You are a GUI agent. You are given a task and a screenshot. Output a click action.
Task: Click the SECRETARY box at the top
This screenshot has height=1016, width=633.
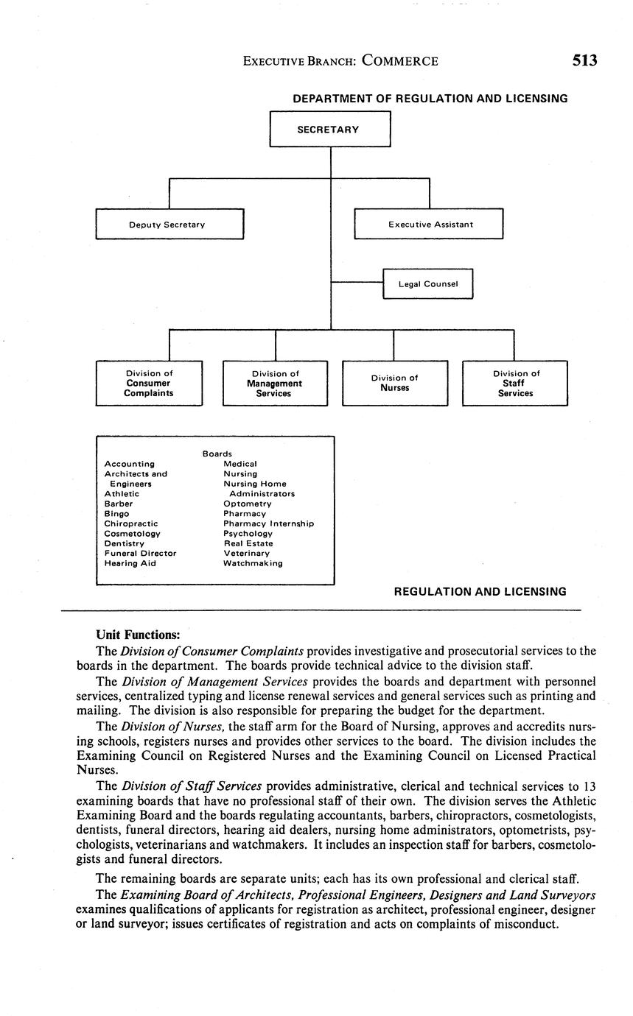pos(329,130)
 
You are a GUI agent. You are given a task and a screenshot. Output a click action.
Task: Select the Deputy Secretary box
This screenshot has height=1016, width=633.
pos(169,225)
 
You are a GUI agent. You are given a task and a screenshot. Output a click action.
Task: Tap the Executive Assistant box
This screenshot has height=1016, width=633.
pos(429,225)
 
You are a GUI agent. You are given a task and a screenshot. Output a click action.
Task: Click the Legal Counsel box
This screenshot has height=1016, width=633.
pos(427,284)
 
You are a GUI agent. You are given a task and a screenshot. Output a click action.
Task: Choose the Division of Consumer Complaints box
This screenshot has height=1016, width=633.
pos(149,384)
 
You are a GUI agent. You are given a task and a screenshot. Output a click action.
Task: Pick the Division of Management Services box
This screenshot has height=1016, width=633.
pos(275,384)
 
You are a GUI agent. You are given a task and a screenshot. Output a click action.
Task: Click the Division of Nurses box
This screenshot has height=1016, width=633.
pos(394,384)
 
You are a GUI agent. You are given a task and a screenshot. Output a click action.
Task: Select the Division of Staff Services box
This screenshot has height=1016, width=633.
pos(514,384)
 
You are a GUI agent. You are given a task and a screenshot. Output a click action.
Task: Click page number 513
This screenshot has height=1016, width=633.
pos(584,61)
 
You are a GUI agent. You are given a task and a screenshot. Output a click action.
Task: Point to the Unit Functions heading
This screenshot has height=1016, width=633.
pos(138,635)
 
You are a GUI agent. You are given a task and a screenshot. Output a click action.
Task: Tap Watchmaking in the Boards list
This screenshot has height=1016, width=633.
pos(253,563)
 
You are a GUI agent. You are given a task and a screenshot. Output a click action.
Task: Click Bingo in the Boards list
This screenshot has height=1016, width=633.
pos(116,514)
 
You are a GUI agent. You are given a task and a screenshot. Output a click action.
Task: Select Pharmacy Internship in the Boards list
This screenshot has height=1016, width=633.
pos(268,523)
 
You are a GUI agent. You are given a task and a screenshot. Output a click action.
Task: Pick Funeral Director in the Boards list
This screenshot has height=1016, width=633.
pos(140,553)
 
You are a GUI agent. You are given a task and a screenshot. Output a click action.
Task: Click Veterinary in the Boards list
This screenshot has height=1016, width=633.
pos(246,553)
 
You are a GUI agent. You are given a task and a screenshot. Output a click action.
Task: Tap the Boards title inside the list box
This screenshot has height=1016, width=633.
pos(217,454)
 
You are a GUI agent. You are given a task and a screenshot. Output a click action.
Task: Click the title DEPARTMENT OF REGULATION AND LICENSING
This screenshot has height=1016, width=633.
pos(430,99)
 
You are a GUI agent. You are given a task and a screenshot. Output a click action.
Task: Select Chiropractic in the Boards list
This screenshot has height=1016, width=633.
pos(130,523)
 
